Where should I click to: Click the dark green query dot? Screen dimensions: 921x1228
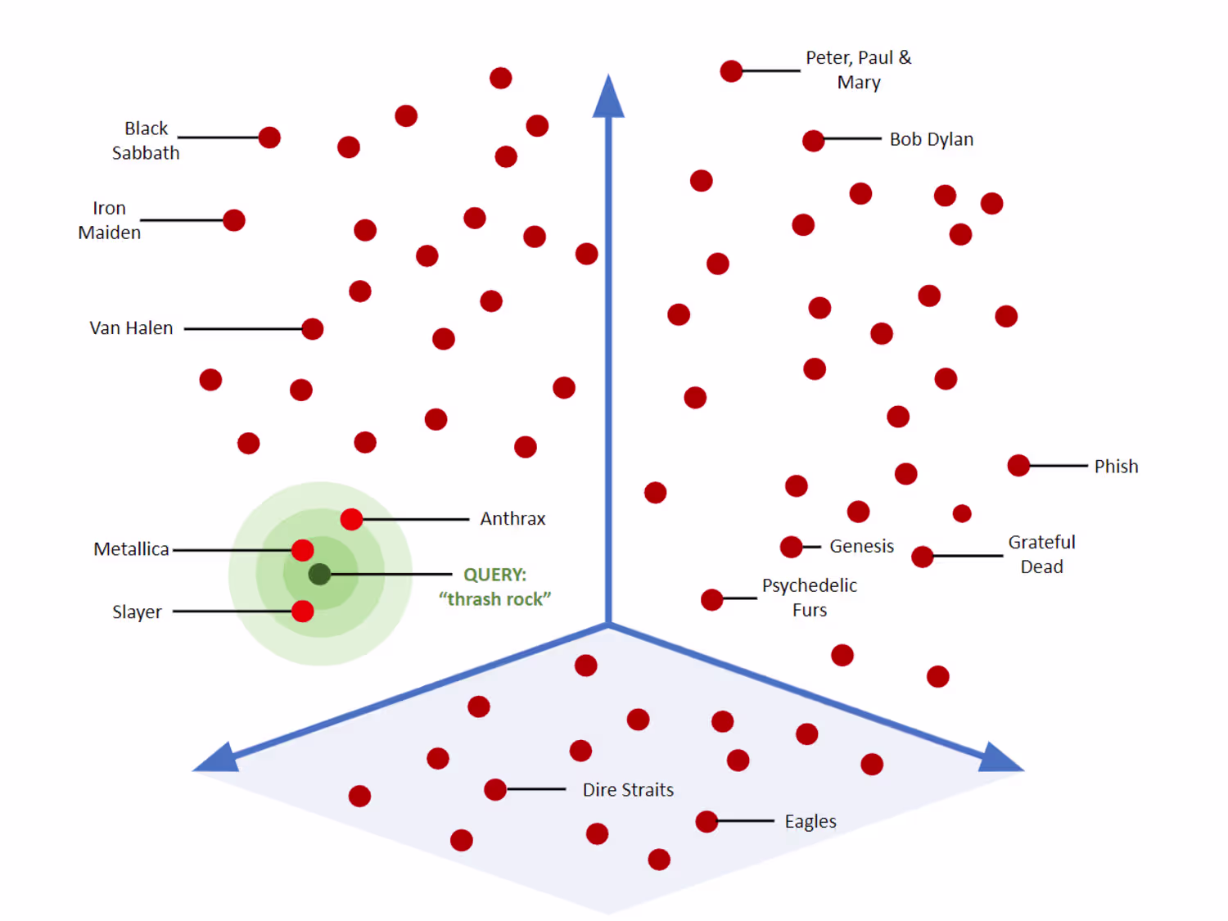point(319,574)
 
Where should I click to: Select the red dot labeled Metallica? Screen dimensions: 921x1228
point(302,550)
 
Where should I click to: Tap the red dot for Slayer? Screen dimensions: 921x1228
point(302,611)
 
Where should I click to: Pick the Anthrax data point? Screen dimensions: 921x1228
point(351,519)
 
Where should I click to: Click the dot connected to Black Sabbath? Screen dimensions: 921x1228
point(269,138)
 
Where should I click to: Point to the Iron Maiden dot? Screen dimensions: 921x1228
point(234,220)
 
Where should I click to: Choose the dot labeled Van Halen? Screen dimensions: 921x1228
point(312,329)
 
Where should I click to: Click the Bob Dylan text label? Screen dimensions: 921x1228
point(931,139)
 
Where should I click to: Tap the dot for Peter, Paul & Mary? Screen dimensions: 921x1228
point(731,71)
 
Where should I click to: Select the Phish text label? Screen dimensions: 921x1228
point(1116,467)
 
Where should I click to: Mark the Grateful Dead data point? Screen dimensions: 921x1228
point(923,557)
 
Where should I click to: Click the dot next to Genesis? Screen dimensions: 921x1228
point(791,546)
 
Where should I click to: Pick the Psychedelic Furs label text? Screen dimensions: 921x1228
point(809,598)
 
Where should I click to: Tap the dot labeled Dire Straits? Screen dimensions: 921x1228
point(495,789)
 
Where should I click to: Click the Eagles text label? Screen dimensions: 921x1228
point(810,821)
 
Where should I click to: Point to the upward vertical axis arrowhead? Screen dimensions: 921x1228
point(608,97)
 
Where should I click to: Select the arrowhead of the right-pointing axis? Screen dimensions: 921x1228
point(1000,758)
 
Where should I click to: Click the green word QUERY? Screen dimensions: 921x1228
point(494,575)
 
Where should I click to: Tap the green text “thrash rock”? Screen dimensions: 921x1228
point(494,599)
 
